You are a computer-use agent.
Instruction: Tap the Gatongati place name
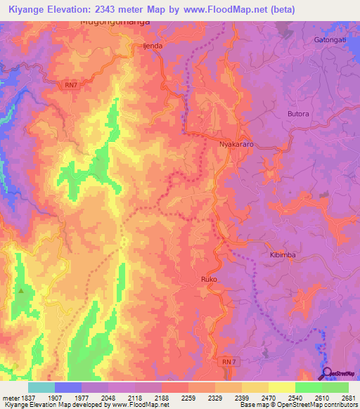coord(330,39)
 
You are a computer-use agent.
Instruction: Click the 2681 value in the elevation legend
coord(348,398)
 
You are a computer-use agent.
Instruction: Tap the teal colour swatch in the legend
coord(41,387)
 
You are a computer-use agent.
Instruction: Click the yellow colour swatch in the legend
coord(281,387)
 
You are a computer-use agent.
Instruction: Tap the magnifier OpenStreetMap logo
coord(328,373)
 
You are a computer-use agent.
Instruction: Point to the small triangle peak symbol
coord(22,290)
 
